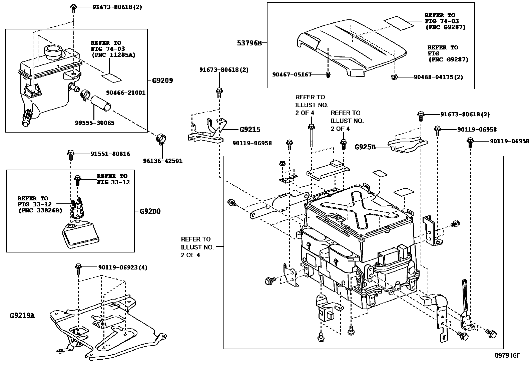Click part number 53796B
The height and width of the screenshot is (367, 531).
click(x=249, y=43)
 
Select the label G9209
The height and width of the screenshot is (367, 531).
click(x=162, y=80)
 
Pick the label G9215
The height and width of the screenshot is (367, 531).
click(x=250, y=130)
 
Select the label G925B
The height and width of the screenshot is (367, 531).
click(x=365, y=146)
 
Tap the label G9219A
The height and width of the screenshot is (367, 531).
click(x=22, y=315)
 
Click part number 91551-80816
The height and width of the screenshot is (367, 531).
click(x=110, y=154)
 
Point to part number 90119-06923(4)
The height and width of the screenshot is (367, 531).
click(x=122, y=267)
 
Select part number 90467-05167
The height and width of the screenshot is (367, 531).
click(x=292, y=74)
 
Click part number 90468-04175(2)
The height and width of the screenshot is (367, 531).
click(x=438, y=77)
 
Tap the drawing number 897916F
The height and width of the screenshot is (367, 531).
click(x=507, y=355)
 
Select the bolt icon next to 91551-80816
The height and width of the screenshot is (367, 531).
click(x=71, y=154)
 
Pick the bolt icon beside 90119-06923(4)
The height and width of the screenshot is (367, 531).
click(x=78, y=268)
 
